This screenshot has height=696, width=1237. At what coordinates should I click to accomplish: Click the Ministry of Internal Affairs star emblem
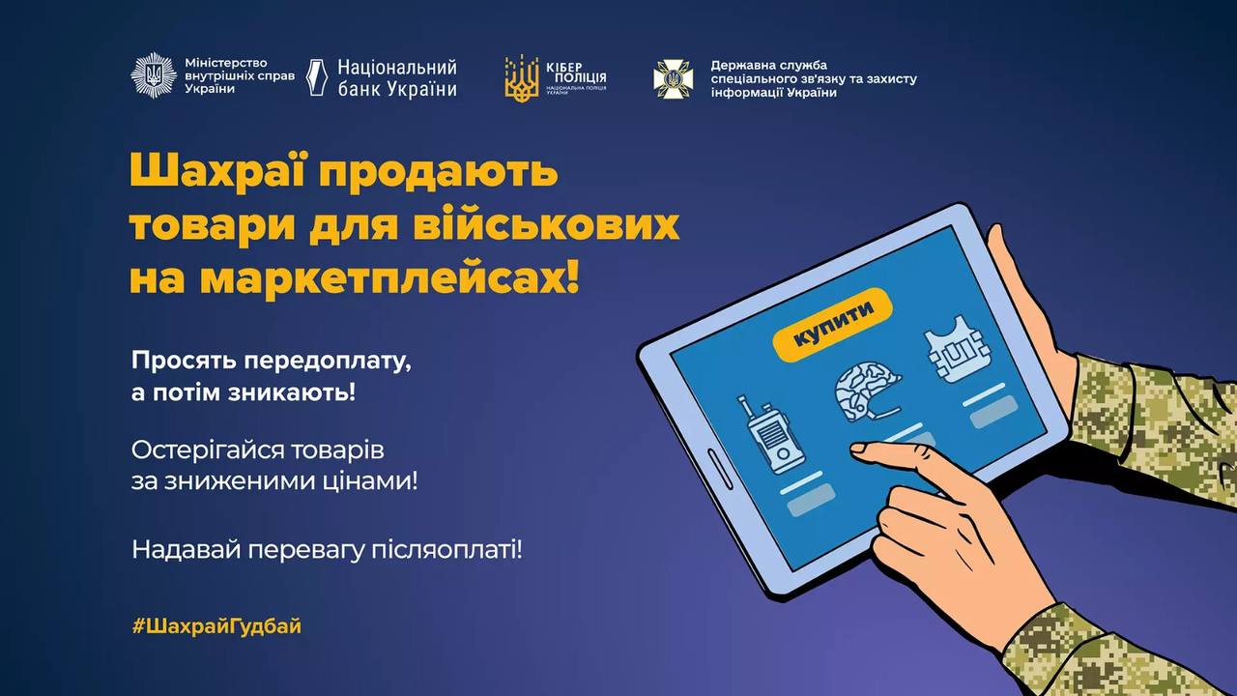154,75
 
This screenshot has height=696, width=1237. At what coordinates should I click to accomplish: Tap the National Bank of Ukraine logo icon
317,77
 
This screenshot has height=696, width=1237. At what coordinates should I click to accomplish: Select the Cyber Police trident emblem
521,77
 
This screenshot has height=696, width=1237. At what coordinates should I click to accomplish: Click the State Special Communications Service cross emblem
673,78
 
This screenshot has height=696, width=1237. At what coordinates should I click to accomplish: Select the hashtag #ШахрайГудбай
216,625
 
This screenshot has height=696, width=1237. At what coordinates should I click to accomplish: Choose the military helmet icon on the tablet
867,391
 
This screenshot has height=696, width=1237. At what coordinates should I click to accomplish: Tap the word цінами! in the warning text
371,479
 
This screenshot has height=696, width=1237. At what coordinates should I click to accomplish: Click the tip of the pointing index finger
856,449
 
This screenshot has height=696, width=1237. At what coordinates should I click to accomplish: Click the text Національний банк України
396,78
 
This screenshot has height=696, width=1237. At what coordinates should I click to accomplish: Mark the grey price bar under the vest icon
992,411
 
